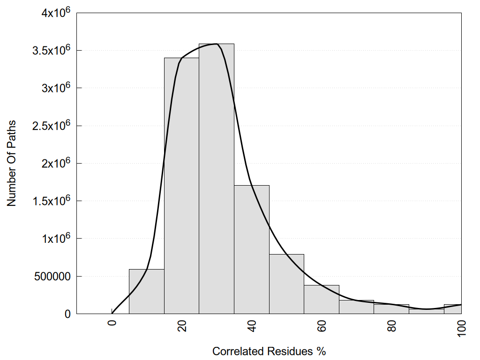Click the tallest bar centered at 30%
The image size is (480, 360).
tap(217, 178)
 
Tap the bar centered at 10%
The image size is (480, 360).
tap(146, 292)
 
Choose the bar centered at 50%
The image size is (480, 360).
tap(286, 284)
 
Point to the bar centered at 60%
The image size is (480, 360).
tap(322, 300)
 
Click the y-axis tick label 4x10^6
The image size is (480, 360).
tap(51, 13)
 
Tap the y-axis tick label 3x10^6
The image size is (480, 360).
tap(51, 88)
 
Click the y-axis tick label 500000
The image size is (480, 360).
tap(51, 276)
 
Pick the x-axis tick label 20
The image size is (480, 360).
tap(182, 327)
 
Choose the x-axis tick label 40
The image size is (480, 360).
tap(252, 327)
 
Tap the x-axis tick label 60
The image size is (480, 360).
tap(322, 327)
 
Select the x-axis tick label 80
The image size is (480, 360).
tap(391, 327)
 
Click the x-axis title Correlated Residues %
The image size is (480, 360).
tap(269, 351)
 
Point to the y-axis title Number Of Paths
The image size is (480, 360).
tap(12, 163)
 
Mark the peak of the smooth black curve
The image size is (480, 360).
tap(217, 44)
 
